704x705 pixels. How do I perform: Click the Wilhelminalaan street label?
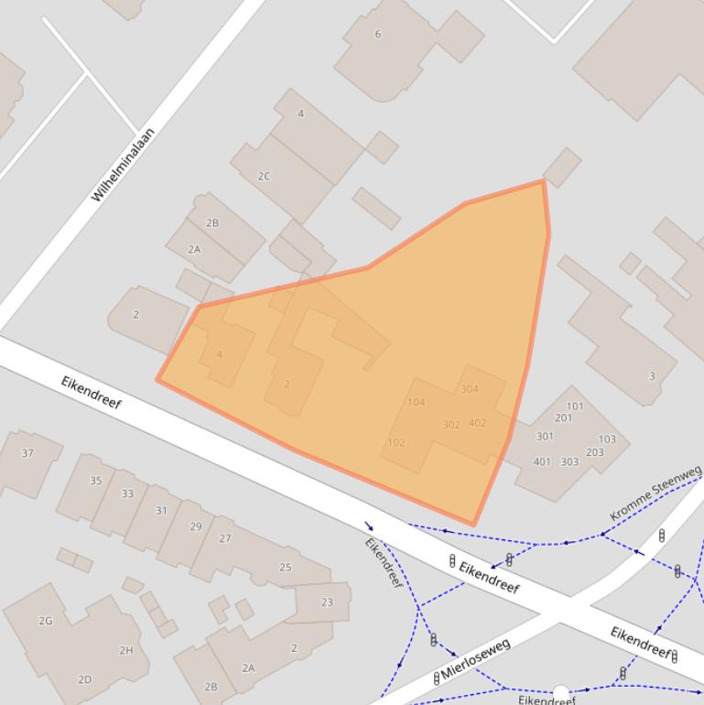(x=123, y=166)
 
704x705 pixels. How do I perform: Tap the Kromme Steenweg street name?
(x=655, y=493)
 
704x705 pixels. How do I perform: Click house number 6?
(x=377, y=35)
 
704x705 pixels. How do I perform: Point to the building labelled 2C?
(x=264, y=177)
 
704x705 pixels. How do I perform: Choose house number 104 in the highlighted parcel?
(x=417, y=403)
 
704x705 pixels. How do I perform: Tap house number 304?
(x=470, y=389)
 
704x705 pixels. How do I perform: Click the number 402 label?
(x=477, y=423)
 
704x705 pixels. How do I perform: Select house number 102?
(x=395, y=443)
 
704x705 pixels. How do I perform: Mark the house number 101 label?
(x=575, y=407)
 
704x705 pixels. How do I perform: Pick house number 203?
(x=595, y=452)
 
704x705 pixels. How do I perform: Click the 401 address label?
(x=542, y=461)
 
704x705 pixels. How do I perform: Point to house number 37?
(x=27, y=453)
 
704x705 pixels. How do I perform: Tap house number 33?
(x=127, y=493)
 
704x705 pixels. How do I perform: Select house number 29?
(x=195, y=526)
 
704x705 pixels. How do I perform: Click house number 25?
(x=285, y=568)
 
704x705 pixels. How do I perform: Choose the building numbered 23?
(x=327, y=602)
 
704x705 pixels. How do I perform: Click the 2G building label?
(x=46, y=621)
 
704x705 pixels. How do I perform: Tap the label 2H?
(x=125, y=651)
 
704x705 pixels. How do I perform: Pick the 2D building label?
(x=84, y=679)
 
